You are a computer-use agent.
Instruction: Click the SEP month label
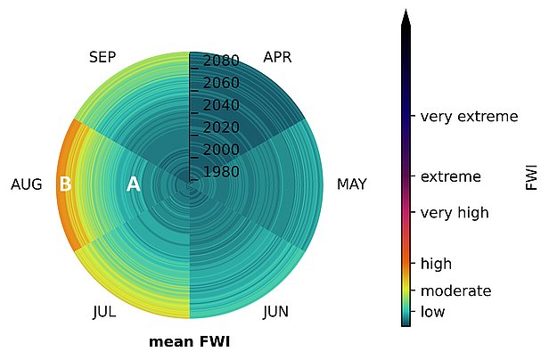[102, 57]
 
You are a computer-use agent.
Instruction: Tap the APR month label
[277, 57]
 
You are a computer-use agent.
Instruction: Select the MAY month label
[351, 184]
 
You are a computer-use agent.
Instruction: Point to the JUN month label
[276, 311]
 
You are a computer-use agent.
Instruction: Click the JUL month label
[104, 311]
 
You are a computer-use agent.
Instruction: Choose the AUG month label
[26, 184]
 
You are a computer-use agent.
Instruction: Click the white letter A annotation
[134, 184]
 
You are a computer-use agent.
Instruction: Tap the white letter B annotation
[65, 184]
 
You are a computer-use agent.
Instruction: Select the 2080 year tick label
[221, 61]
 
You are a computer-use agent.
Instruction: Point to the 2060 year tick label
[221, 83]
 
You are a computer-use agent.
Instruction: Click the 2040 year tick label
[221, 105]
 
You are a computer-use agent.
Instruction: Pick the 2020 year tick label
[221, 127]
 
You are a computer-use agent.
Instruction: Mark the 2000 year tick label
[221, 150]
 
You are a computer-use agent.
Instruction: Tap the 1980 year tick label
[221, 172]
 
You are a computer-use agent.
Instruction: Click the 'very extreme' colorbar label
[469, 116]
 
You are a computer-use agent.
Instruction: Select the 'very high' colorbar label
[455, 213]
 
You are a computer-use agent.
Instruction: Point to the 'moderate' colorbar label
[456, 290]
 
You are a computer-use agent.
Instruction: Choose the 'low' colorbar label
[432, 311]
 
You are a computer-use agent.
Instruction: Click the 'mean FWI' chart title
[190, 342]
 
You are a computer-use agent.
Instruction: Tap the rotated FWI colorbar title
[531, 176]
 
